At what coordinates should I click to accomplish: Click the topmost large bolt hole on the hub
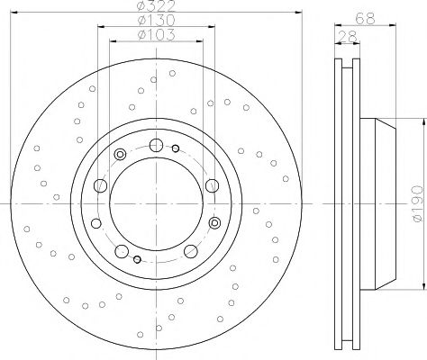[156, 146]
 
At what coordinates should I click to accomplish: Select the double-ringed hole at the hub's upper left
[120, 157]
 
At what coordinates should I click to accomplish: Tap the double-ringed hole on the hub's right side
[213, 222]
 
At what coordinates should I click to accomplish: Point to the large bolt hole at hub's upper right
[212, 185]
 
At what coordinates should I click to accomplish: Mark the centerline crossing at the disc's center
[156, 203]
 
